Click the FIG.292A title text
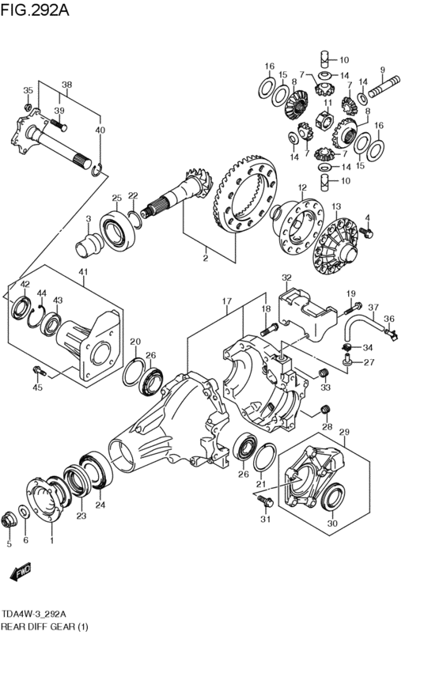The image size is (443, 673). (x=35, y=9)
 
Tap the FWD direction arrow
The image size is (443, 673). (x=21, y=571)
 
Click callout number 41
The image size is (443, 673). (x=83, y=272)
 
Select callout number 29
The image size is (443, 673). (x=344, y=432)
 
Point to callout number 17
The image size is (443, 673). (x=227, y=301)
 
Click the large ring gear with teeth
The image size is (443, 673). (x=244, y=197)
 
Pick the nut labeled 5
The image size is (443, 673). (x=9, y=520)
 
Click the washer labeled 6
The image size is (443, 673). (x=25, y=511)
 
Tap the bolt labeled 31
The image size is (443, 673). (x=265, y=500)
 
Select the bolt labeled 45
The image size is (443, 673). (x=39, y=370)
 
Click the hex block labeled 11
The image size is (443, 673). (x=324, y=119)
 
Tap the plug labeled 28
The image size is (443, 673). (x=327, y=410)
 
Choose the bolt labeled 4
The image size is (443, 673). (x=366, y=233)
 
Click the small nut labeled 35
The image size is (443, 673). (x=28, y=106)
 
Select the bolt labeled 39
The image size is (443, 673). (x=59, y=125)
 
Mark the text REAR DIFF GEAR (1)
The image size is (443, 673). (x=44, y=626)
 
